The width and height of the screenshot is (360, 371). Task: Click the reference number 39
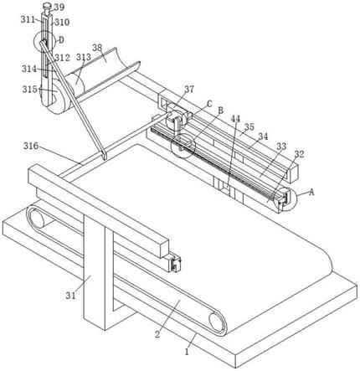(x=59, y=8)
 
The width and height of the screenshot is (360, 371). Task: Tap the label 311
(x=28, y=19)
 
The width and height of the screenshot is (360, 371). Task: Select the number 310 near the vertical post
(x=62, y=22)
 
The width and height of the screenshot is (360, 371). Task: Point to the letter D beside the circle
(x=61, y=40)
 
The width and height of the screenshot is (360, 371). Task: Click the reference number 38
(x=97, y=48)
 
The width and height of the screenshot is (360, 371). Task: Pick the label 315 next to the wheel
(x=30, y=90)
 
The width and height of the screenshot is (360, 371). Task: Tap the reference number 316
(x=31, y=146)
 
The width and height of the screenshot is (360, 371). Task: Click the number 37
(x=189, y=90)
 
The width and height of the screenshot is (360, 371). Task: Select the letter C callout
(x=209, y=104)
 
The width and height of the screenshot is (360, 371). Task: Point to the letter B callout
(x=220, y=111)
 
